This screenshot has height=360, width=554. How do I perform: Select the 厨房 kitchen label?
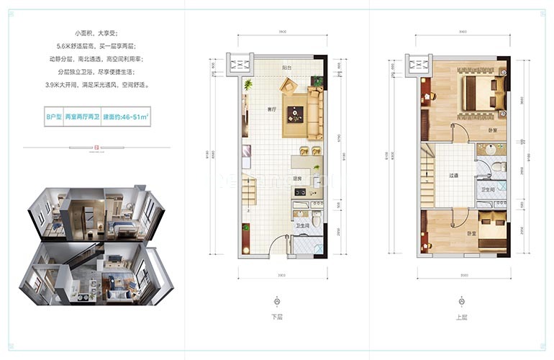pyautogui.click(x=296, y=178)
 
